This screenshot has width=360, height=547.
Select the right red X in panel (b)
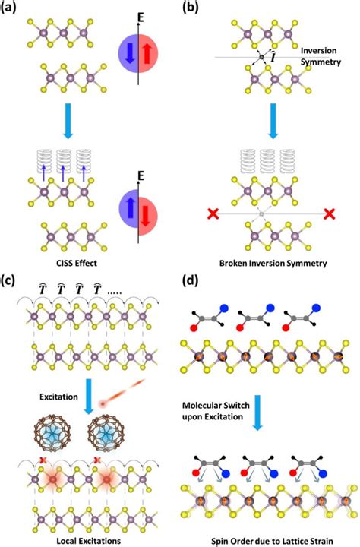[x=328, y=215]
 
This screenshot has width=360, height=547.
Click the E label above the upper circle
[x=138, y=14]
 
